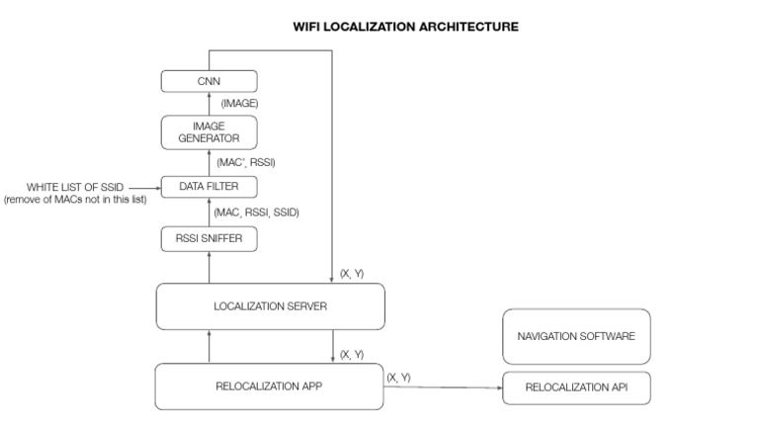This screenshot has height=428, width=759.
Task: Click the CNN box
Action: click(x=209, y=81)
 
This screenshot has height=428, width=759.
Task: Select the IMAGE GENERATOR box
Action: click(x=209, y=131)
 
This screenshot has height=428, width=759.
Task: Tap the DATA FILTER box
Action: click(x=209, y=186)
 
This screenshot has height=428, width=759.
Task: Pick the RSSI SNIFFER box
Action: click(x=209, y=238)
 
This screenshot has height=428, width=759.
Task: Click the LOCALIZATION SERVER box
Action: click(x=270, y=306)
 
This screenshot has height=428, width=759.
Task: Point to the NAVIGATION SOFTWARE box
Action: click(x=576, y=336)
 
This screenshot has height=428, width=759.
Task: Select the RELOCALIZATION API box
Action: click(x=576, y=388)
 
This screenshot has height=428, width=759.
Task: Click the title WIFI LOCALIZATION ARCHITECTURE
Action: click(x=405, y=27)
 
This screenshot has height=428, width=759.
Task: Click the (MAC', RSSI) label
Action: click(x=246, y=161)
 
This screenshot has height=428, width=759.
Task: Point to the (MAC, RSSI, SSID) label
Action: click(x=256, y=212)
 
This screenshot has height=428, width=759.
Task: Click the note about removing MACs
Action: click(x=75, y=201)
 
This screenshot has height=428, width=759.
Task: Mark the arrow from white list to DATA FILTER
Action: click(x=145, y=186)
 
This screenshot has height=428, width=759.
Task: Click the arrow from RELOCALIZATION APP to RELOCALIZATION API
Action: click(x=443, y=387)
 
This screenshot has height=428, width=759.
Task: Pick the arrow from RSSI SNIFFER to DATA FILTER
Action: click(x=209, y=212)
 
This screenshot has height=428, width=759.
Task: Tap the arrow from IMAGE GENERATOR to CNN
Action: click(x=209, y=104)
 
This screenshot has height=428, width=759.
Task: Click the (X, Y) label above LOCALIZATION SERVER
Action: click(x=351, y=273)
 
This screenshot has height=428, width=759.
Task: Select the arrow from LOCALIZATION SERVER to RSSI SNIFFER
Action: click(x=209, y=267)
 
